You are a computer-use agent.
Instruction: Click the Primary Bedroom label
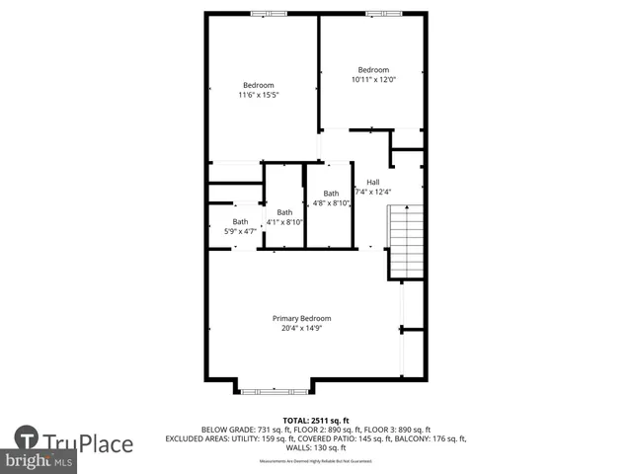coord(301,318)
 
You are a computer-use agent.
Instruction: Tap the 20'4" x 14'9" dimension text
coord(301,329)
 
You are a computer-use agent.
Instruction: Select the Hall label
coord(372,182)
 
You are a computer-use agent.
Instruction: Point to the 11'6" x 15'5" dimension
coord(258,96)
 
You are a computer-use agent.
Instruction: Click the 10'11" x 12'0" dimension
coord(373,80)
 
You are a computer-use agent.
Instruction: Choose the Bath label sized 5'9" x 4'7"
coord(240,221)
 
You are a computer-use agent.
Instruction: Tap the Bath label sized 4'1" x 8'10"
coord(284,212)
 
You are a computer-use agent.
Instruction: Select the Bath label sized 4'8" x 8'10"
coord(330,194)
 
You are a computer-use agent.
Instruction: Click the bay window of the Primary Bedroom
coord(274,391)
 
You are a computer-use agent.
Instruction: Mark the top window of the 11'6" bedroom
coord(263,13)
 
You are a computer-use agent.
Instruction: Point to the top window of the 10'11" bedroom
coord(376,13)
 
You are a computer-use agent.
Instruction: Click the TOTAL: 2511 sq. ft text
coord(316,420)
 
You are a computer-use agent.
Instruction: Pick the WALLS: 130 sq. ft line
coord(316,447)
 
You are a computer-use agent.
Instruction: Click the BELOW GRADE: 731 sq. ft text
coord(238,430)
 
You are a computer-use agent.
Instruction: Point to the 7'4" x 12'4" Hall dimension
coord(373,192)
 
